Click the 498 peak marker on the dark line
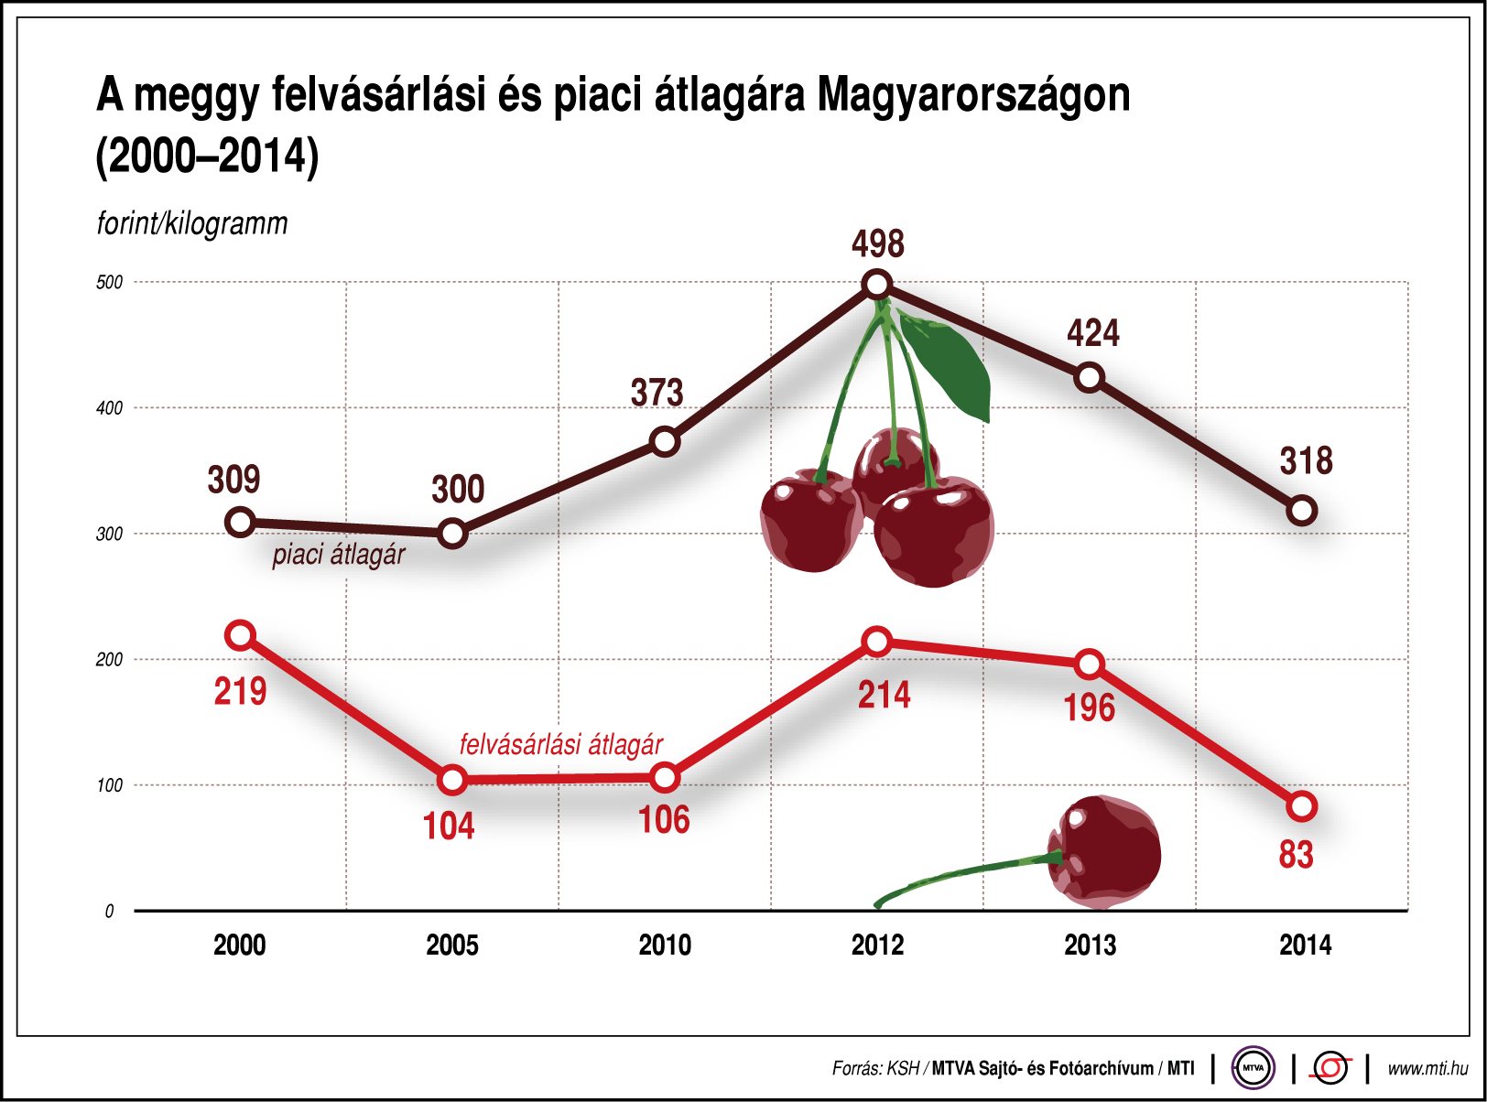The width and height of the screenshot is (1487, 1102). (876, 285)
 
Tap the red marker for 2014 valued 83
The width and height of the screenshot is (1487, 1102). (1301, 806)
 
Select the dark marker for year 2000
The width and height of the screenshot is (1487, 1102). (240, 523)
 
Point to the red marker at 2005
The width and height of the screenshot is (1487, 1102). (452, 780)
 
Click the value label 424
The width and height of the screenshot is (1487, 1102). (1092, 333)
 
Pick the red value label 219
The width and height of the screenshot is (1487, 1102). (240, 692)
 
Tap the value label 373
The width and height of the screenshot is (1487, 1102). (657, 393)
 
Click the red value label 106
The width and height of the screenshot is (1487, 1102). (664, 820)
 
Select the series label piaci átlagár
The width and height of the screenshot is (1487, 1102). (338, 555)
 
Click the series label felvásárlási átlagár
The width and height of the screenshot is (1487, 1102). (560, 744)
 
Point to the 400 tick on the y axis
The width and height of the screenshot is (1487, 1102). (109, 408)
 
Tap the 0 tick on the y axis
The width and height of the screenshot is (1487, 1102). (109, 911)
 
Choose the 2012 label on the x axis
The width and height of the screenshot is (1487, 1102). (876, 945)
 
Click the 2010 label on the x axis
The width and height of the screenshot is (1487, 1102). (664, 945)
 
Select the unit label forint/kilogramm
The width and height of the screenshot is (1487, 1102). (192, 223)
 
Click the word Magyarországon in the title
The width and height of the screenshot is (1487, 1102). (973, 94)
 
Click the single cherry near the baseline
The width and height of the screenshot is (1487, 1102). (1103, 851)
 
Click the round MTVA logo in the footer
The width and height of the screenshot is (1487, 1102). (1253, 1067)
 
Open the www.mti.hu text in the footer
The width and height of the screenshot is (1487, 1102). (1427, 1068)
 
